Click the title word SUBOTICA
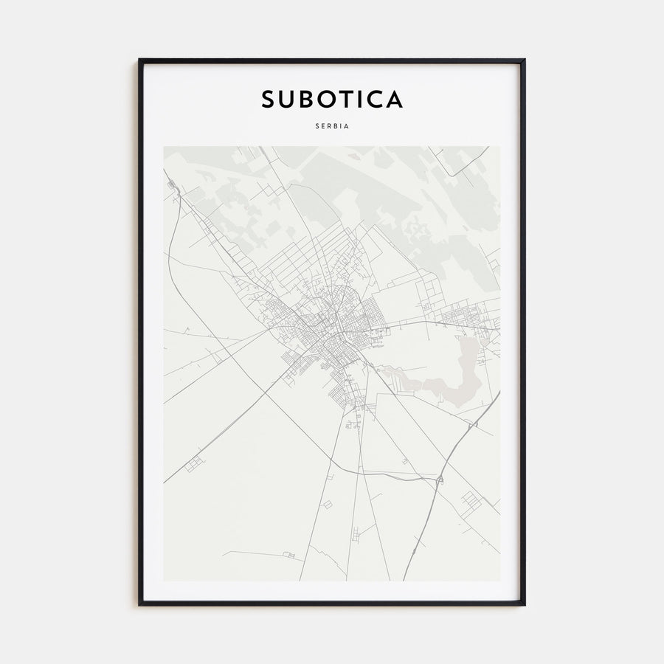[332, 100]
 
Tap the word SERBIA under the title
[332, 126]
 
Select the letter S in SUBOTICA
[268, 100]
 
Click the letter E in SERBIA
[322, 126]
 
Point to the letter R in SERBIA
[328, 126]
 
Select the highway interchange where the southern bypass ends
[440, 480]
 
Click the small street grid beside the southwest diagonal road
[194, 464]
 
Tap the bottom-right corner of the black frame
[524, 604]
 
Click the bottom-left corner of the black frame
[140, 604]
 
